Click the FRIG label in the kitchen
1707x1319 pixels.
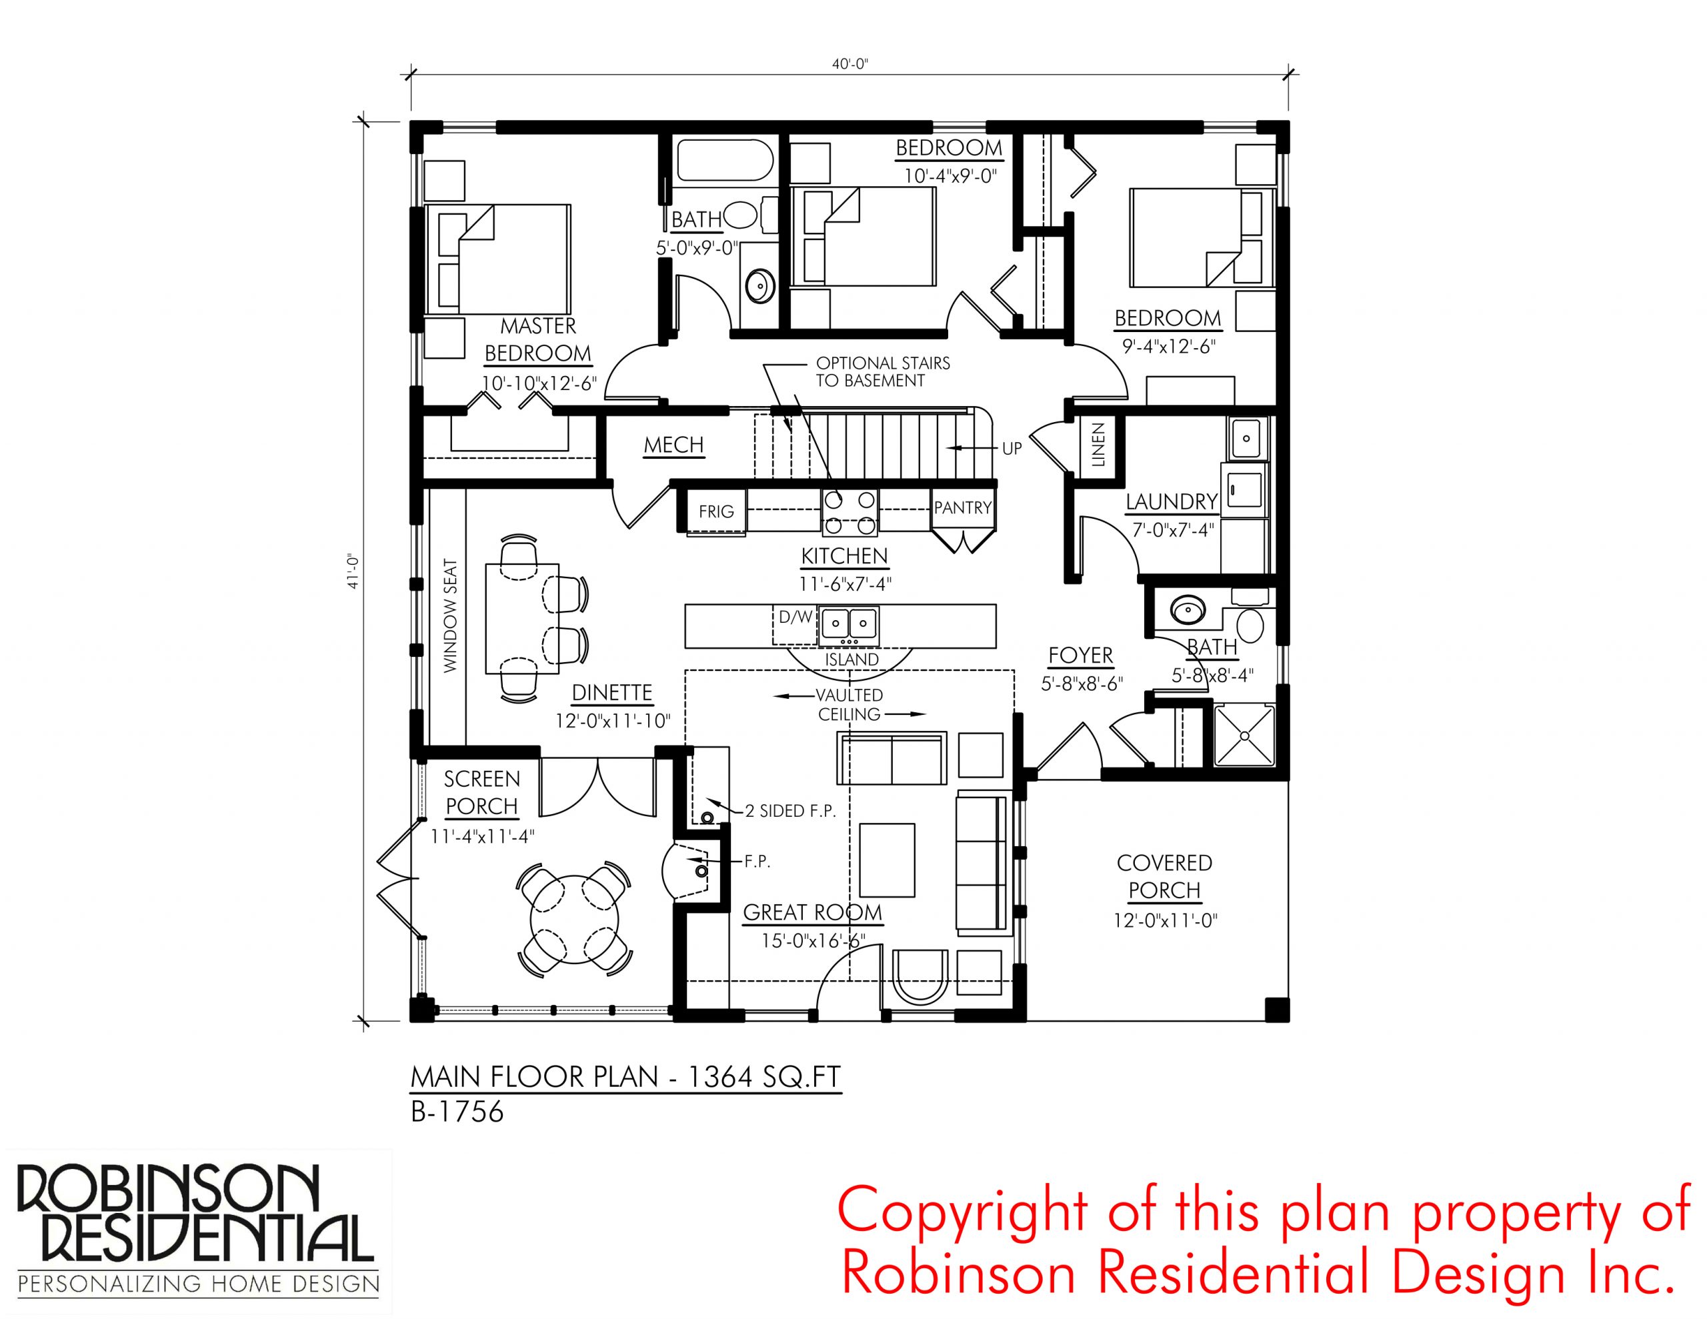(716, 511)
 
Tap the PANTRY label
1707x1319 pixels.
(963, 507)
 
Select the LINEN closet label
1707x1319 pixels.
(1098, 444)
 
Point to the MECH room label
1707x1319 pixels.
(673, 445)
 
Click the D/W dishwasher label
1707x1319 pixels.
(796, 617)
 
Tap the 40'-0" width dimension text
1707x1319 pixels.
(849, 64)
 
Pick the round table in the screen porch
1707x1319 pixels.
(575, 920)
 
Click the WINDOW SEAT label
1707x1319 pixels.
(450, 615)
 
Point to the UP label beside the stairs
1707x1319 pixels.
(1012, 449)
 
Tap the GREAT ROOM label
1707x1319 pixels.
(812, 912)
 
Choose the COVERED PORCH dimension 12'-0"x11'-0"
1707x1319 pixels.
(1165, 920)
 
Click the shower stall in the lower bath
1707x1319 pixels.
(1244, 735)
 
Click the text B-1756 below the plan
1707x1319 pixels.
(457, 1112)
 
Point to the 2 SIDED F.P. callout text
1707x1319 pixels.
(790, 811)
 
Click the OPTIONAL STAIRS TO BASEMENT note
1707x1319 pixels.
(884, 372)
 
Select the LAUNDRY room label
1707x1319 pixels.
(1172, 501)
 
